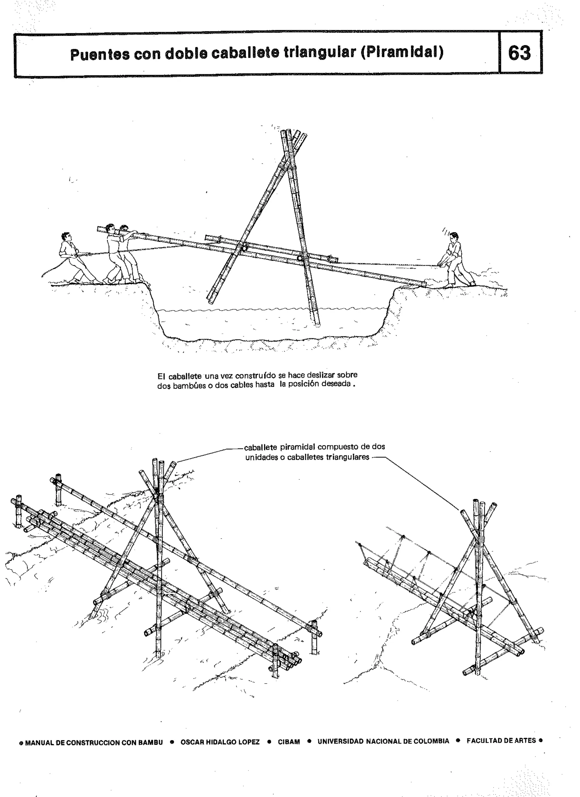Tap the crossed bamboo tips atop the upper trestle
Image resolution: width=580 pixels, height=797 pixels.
(293, 137)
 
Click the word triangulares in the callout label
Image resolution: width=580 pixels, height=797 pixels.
(348, 457)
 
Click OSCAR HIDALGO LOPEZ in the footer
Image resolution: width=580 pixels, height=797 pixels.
(220, 742)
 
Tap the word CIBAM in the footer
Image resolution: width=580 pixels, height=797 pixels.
(289, 742)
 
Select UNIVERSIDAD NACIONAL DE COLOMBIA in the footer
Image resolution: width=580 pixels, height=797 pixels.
(383, 741)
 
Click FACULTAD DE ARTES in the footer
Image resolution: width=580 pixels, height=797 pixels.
(501, 740)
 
